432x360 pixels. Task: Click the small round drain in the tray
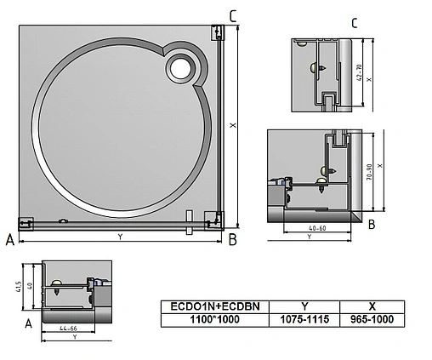181,66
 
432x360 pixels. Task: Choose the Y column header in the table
305,304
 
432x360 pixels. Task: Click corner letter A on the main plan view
10,241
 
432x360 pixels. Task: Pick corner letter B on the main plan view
232,241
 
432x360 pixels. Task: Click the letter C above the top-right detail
355,23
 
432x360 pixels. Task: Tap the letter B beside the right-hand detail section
372,225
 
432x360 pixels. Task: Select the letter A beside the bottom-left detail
28,323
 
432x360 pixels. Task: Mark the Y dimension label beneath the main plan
120,237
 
